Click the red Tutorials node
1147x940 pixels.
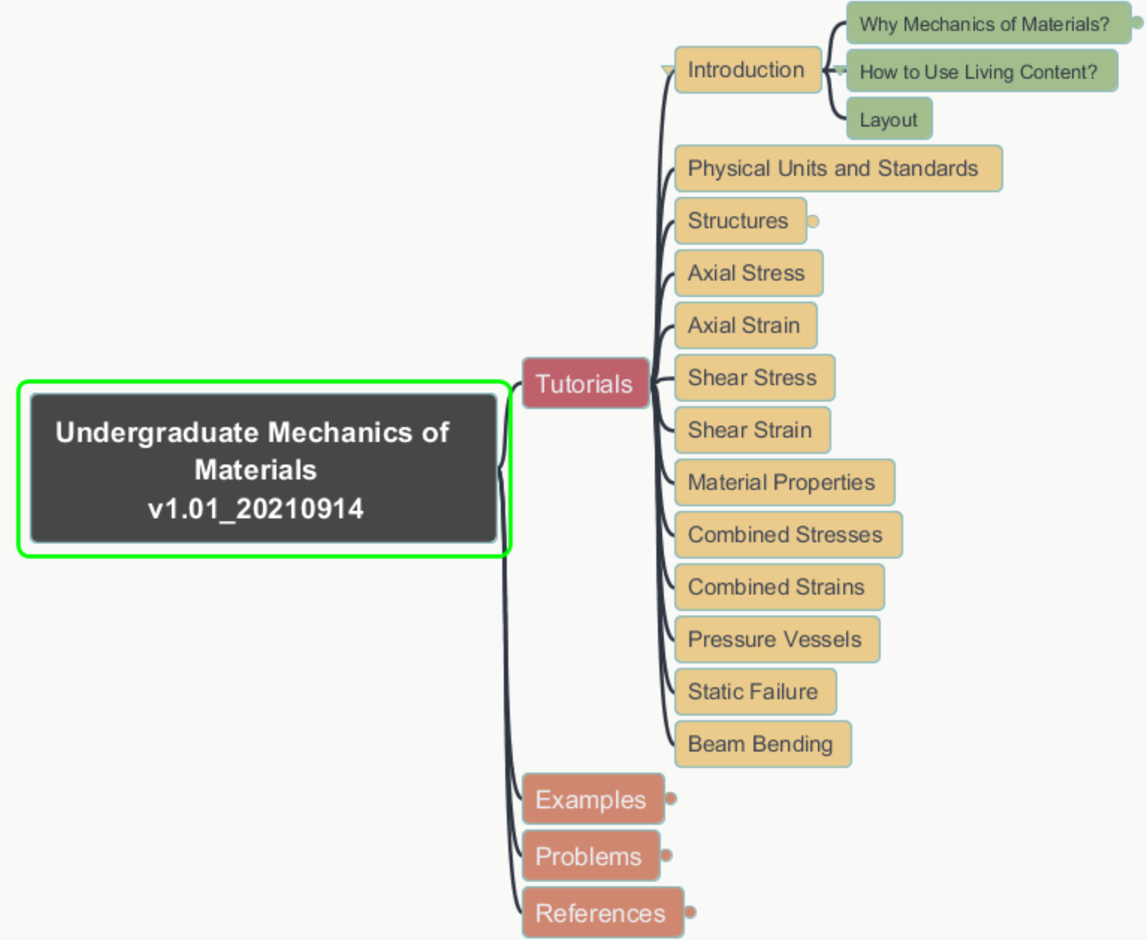tap(585, 383)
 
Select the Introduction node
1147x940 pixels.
tap(747, 70)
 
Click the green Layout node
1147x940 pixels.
tap(889, 120)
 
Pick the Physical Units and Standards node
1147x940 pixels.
tap(838, 169)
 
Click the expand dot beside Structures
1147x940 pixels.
tap(813, 221)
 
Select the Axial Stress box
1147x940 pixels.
tap(748, 273)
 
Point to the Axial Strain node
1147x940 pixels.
tap(745, 325)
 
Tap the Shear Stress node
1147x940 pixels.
tap(754, 378)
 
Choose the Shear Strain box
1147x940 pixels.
tap(752, 430)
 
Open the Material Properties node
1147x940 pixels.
tap(784, 483)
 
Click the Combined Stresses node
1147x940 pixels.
tap(787, 535)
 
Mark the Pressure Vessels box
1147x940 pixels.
tap(777, 639)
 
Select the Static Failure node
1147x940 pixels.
tap(754, 692)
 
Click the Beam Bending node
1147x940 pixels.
tap(762, 744)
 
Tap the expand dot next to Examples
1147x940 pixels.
tap(671, 799)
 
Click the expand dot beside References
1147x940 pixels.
tap(690, 912)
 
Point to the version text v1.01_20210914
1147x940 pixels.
tap(256, 509)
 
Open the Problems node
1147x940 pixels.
tap(590, 856)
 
